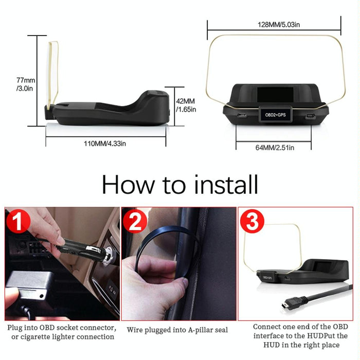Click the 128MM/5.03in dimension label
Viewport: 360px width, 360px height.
pyautogui.click(x=274, y=25)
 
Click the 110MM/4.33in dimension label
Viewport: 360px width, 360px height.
pyautogui.click(x=105, y=144)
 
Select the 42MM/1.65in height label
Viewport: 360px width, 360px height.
pyautogui.click(x=186, y=105)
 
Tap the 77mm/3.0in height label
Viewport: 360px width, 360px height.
pyautogui.click(x=25, y=84)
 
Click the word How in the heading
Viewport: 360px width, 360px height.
pyautogui.click(x=128, y=184)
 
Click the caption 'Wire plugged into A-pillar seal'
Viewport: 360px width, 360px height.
pyautogui.click(x=178, y=329)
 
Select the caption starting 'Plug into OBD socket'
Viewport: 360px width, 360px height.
pyautogui.click(x=61, y=332)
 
